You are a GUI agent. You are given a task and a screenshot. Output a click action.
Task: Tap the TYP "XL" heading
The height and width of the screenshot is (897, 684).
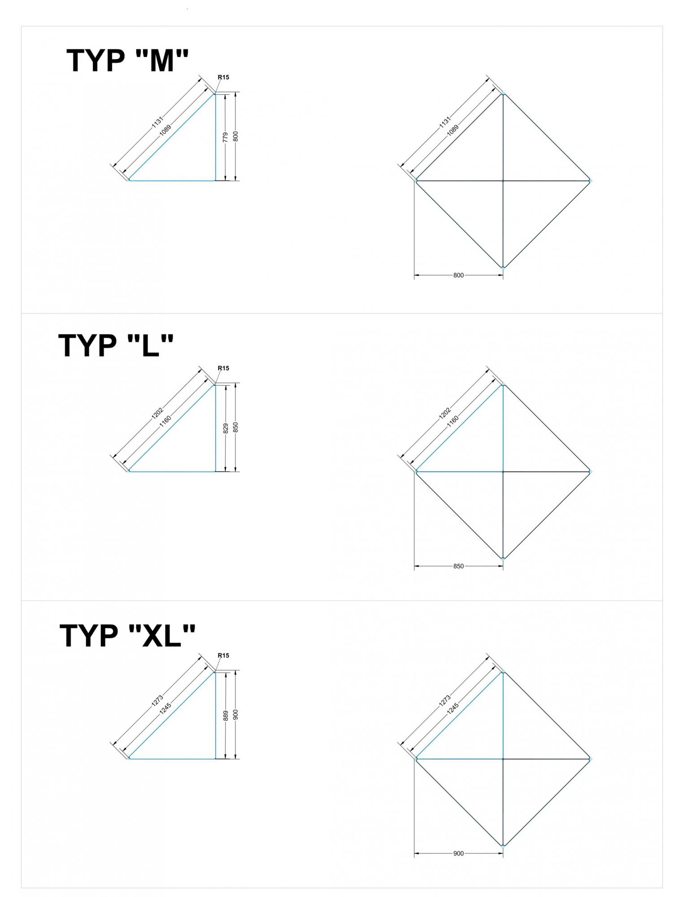click(127, 635)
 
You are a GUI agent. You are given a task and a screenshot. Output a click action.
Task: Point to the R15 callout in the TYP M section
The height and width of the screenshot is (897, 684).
click(223, 77)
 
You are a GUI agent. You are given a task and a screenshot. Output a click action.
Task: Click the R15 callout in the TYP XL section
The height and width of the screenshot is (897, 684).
click(223, 655)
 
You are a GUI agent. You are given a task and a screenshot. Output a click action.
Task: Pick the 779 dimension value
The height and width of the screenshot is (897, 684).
click(226, 137)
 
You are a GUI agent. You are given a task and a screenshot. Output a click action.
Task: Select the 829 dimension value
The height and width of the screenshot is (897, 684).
click(226, 428)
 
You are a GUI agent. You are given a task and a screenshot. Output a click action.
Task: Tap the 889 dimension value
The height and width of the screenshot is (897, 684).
click(226, 715)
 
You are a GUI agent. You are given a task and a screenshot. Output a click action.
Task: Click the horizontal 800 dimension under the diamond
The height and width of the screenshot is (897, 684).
click(458, 275)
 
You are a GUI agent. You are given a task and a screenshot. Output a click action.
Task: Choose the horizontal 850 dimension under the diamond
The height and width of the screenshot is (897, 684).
click(458, 566)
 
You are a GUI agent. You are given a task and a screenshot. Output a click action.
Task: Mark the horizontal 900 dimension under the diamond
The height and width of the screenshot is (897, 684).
click(458, 853)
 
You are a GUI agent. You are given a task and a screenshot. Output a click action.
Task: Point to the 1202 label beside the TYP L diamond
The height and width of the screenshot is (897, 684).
click(445, 413)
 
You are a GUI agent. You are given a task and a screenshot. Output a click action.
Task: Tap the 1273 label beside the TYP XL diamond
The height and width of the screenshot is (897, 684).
click(445, 700)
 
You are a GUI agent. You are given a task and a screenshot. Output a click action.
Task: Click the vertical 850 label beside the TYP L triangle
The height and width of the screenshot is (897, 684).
click(236, 427)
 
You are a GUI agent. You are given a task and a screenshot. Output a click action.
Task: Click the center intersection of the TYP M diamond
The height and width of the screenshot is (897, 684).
click(503, 181)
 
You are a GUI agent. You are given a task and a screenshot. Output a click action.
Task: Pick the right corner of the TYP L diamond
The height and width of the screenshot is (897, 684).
click(590, 472)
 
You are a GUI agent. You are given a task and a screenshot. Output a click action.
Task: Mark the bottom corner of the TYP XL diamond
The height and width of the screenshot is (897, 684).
click(503, 845)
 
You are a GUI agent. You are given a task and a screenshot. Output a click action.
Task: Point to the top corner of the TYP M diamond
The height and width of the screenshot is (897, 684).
click(503, 93)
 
